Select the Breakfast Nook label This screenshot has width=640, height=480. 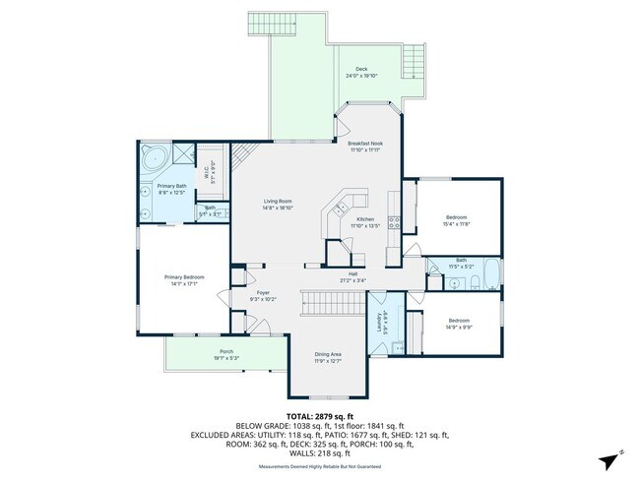pyautogui.click(x=364, y=144)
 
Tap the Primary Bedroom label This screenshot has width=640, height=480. pyautogui.click(x=184, y=276)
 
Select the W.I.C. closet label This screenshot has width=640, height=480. pyautogui.click(x=207, y=173)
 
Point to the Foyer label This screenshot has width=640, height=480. pyautogui.click(x=263, y=292)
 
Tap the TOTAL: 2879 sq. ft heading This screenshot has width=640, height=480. pyautogui.click(x=320, y=418)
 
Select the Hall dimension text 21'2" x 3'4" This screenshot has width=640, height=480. pyautogui.click(x=352, y=280)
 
